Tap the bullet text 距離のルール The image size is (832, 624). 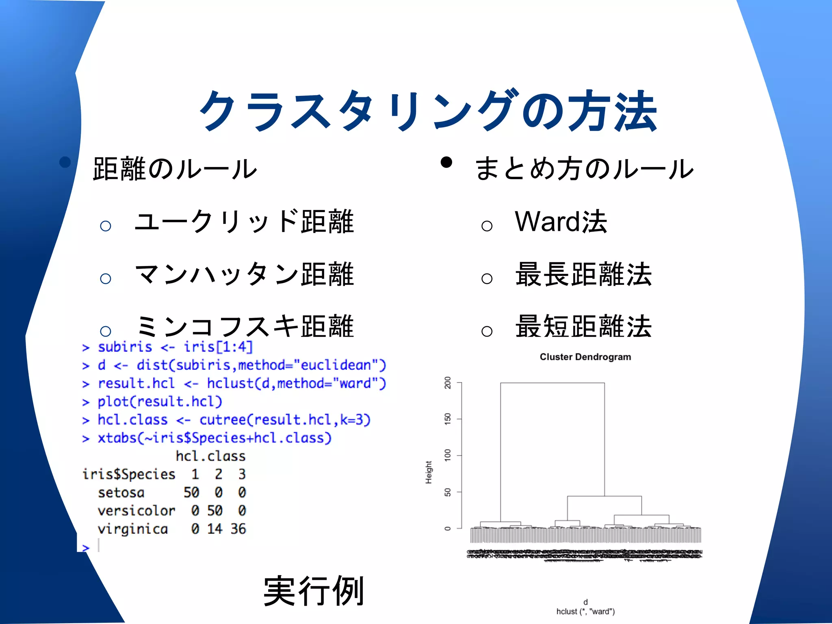175,169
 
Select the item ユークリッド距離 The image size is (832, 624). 244,222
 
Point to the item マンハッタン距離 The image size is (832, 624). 244,274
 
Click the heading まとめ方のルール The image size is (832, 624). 584,169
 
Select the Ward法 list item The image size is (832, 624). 561,222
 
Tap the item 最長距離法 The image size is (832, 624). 583,274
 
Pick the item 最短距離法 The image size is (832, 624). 583,326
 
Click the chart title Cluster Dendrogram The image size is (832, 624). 585,357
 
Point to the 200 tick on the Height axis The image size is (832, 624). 448,383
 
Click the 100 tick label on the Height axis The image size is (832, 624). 448,455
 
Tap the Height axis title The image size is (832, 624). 429,472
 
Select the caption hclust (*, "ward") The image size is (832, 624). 585,611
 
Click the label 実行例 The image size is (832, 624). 313,591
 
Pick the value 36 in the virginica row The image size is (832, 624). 238,529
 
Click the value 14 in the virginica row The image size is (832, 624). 214,529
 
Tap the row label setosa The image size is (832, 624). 121,492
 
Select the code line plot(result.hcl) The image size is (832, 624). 160,401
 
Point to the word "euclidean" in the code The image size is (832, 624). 336,365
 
